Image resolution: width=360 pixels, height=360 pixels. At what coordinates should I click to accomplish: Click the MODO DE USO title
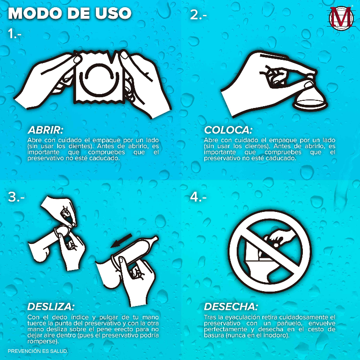click(x=70, y=13)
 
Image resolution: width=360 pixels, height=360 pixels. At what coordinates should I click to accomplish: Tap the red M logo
click(x=341, y=18)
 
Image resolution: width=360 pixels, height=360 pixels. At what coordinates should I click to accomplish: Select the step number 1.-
click(x=14, y=34)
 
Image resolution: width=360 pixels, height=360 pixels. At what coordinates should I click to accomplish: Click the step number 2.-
click(x=198, y=15)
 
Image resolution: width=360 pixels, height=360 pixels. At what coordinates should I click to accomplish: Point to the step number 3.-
click(x=16, y=197)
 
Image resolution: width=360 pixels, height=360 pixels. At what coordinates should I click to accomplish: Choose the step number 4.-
click(x=198, y=197)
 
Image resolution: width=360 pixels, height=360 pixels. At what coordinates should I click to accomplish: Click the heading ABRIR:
click(x=45, y=130)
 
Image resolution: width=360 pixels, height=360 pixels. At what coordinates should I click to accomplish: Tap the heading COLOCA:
click(x=228, y=130)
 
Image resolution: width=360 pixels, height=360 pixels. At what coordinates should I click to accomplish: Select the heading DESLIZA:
click(x=51, y=307)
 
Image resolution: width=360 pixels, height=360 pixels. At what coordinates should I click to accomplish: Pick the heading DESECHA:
click(x=231, y=307)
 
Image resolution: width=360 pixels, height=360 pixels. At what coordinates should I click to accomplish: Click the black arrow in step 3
click(x=121, y=241)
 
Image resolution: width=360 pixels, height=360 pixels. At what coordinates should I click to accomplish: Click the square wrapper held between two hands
click(x=99, y=77)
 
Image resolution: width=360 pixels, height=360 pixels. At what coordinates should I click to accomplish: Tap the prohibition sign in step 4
click(x=270, y=251)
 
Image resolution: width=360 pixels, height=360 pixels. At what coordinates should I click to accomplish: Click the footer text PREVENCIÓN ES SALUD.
click(x=38, y=351)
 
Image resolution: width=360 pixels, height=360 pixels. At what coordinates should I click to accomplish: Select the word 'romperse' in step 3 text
click(x=42, y=342)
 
